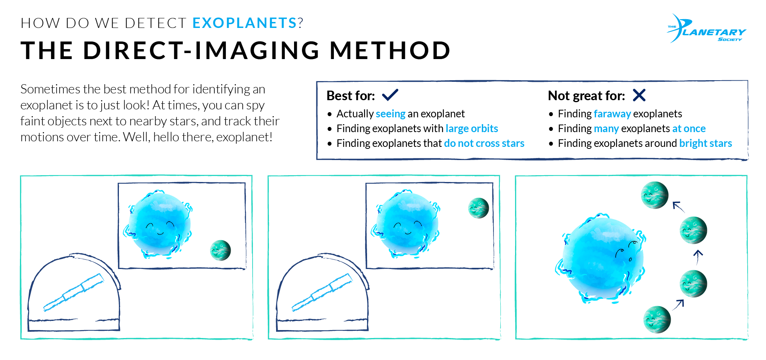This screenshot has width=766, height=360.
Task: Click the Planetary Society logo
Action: click(706, 29)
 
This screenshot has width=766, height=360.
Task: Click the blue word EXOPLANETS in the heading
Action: click(245, 23)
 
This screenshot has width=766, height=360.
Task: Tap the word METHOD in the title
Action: click(390, 51)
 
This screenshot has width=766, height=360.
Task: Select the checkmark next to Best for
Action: click(390, 95)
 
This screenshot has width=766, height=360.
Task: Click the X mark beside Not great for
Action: click(639, 95)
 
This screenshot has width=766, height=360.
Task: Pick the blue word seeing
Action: click(390, 114)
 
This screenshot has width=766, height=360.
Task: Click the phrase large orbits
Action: click(472, 129)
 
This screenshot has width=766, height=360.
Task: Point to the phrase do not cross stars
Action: click(484, 143)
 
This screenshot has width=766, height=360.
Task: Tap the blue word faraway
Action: click(612, 114)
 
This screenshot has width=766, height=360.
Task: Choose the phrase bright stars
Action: click(705, 143)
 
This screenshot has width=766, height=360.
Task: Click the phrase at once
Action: click(689, 129)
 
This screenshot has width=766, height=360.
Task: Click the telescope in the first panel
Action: click(74, 292)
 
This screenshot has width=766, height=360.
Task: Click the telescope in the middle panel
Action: click(322, 292)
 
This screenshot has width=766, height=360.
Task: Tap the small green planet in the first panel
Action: click(220, 250)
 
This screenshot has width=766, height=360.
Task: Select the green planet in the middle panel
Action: click(478, 208)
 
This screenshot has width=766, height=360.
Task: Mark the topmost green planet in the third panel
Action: click(654, 195)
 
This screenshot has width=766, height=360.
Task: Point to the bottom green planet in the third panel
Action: click(657, 319)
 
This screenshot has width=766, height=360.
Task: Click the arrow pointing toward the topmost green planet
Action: click(678, 207)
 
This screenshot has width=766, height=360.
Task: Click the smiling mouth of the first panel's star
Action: click(160, 233)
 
